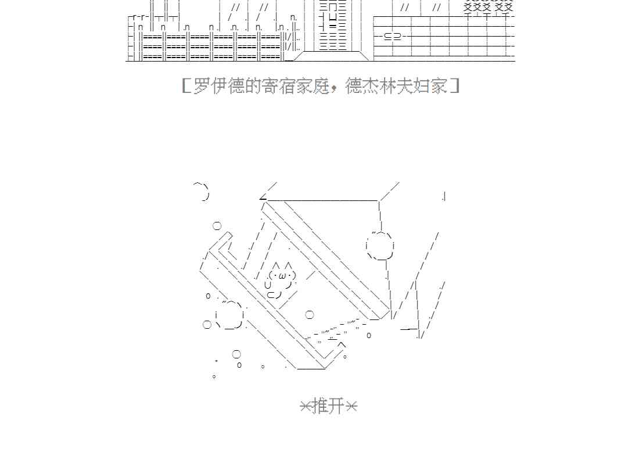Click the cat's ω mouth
[282, 275]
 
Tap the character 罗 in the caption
[201, 86]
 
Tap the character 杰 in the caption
[371, 86]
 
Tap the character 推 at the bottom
[320, 405]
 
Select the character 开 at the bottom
[337, 405]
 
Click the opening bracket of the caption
[185, 86]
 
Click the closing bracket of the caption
[455, 86]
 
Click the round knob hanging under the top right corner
[380, 246]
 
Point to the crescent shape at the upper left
[202, 191]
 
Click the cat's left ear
[276, 266]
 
